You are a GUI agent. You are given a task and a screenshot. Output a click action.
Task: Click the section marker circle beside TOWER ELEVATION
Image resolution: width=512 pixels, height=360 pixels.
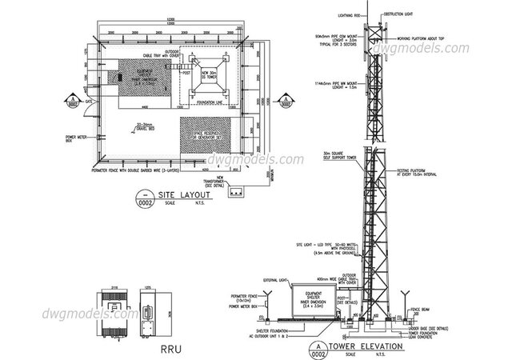tap(320, 349)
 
